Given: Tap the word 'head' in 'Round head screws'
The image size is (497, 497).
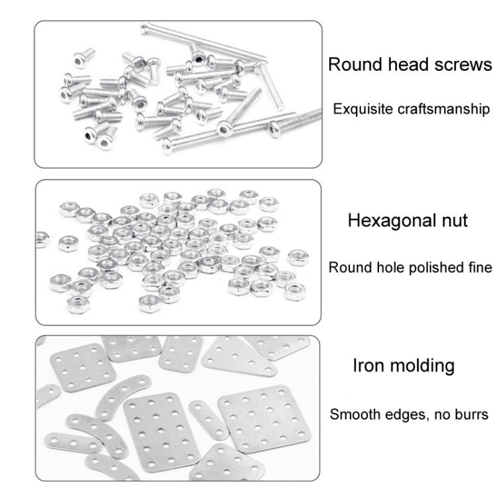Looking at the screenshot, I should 404,65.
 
